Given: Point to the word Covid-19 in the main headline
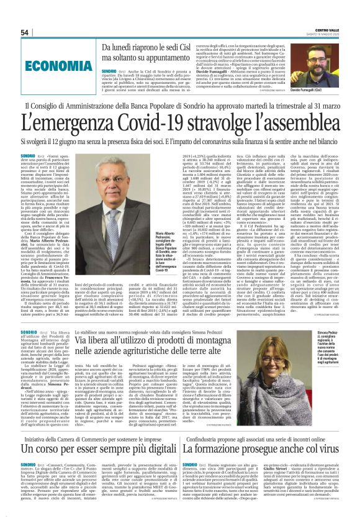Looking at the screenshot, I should (x=161, y=122).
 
